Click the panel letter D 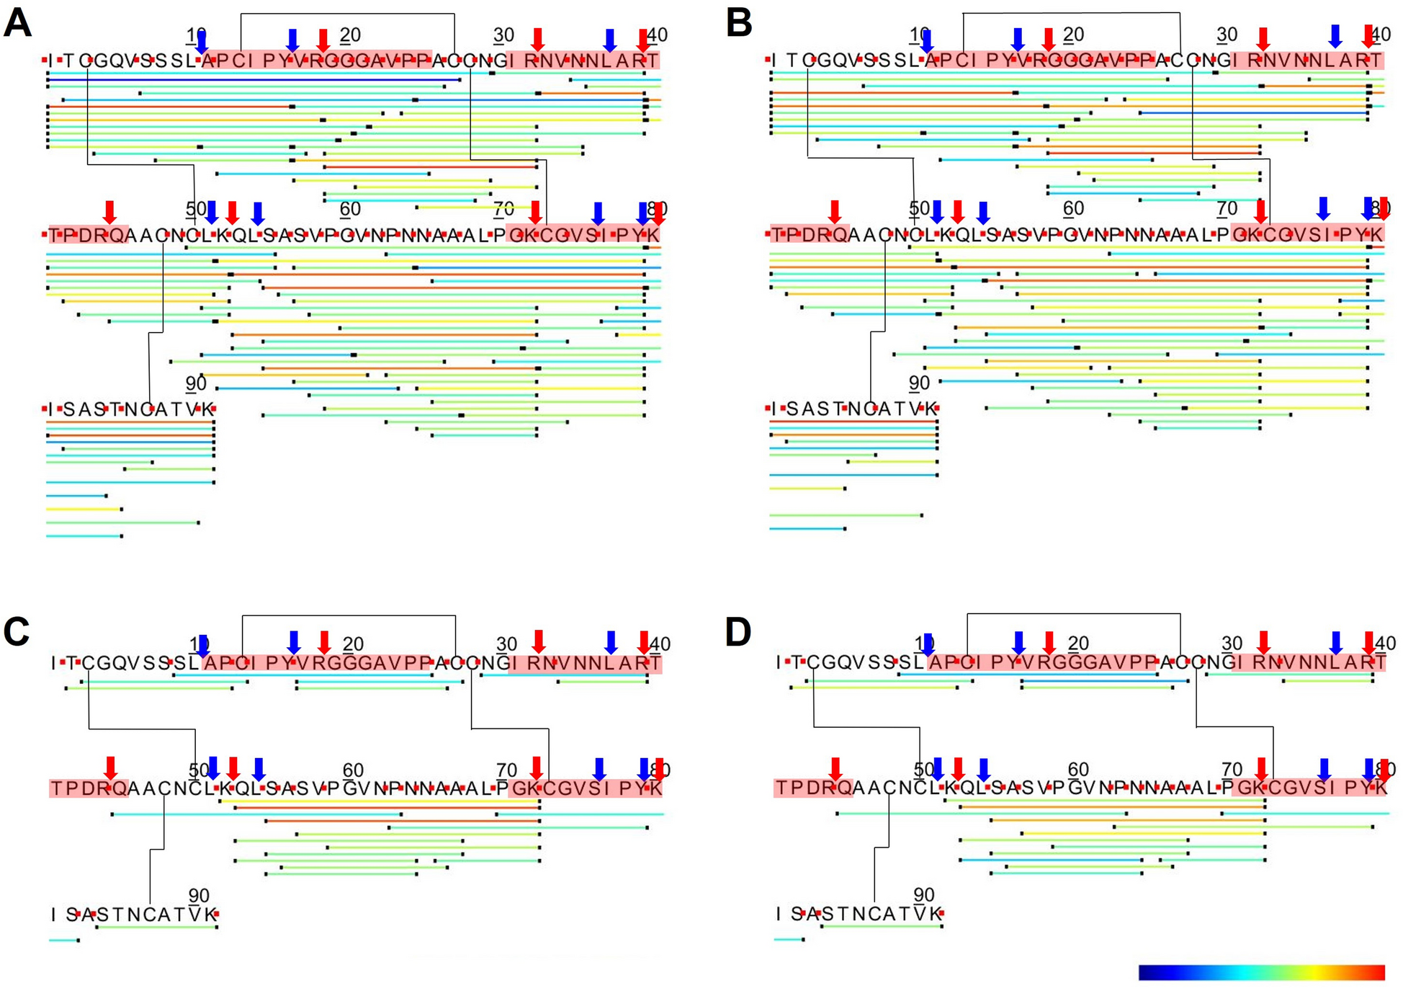click(738, 631)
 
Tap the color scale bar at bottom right click(1261, 972)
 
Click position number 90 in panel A click(196, 383)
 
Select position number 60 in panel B click(1073, 208)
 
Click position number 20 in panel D click(1077, 643)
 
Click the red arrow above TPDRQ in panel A click(109, 212)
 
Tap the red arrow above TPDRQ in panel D click(835, 768)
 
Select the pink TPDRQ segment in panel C click(89, 788)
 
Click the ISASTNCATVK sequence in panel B click(853, 409)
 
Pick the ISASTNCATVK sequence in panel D click(859, 914)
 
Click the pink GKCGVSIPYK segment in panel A click(583, 235)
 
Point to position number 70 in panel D click(1232, 769)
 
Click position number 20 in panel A click(350, 35)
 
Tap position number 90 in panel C click(199, 895)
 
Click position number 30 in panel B click(1227, 35)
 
